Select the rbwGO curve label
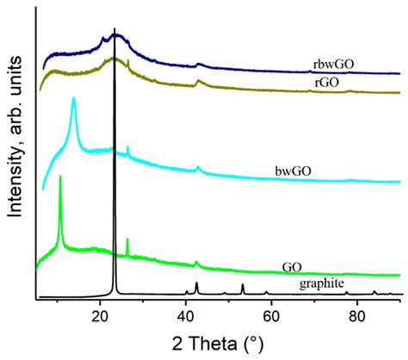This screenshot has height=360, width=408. point(331,65)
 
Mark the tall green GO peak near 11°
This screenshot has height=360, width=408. point(60,177)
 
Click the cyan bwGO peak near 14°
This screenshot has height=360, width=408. point(74,99)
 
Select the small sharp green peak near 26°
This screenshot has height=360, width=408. point(127,239)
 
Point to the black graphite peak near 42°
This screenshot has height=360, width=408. point(196,283)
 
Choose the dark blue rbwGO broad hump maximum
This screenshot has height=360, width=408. point(116,35)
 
